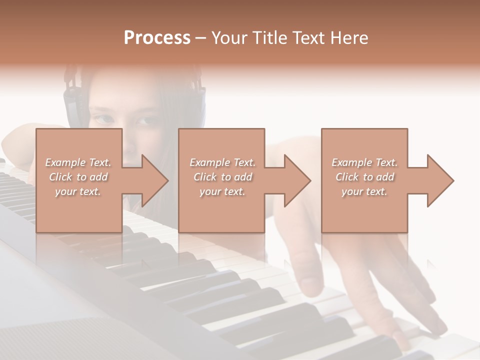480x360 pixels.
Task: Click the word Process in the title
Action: pyautogui.click(x=157, y=38)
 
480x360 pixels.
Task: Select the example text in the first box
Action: pyautogui.click(x=78, y=177)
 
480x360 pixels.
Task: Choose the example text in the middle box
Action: pyautogui.click(x=222, y=177)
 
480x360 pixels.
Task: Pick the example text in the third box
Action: pyautogui.click(x=364, y=177)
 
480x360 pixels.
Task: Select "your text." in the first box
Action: pyautogui.click(x=78, y=191)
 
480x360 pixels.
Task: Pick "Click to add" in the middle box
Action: pyautogui.click(x=222, y=177)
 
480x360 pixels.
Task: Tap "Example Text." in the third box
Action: pyautogui.click(x=364, y=162)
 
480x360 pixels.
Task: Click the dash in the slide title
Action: pyautogui.click(x=201, y=38)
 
